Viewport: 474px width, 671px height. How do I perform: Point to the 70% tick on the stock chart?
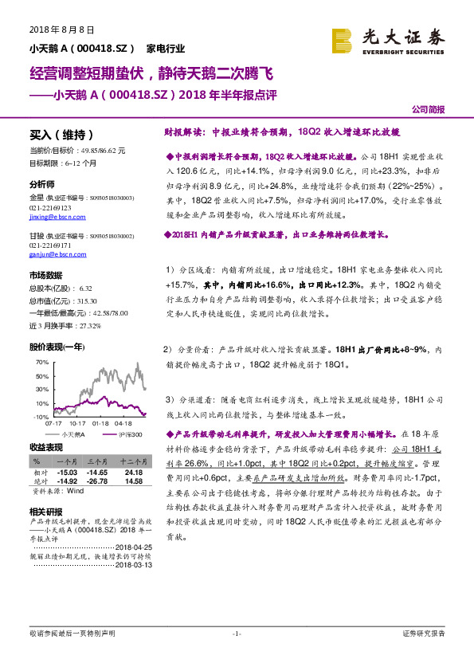42,362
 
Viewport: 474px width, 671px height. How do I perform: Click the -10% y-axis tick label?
41,417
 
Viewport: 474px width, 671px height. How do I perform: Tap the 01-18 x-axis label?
100,424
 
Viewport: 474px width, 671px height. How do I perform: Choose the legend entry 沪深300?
127,435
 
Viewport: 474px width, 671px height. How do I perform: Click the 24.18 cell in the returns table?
133,473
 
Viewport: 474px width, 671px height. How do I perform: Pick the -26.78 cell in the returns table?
97,481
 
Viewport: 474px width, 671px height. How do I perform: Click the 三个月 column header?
97,461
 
